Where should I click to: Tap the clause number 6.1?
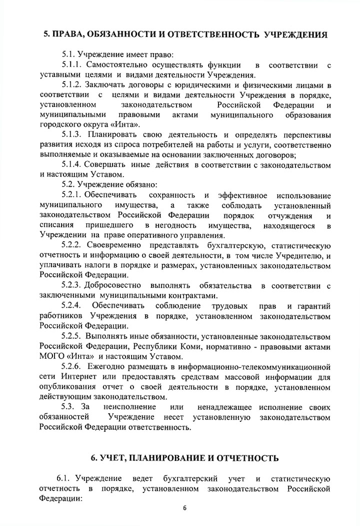tap(64, 477)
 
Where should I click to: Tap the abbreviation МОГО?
tap(51, 357)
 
